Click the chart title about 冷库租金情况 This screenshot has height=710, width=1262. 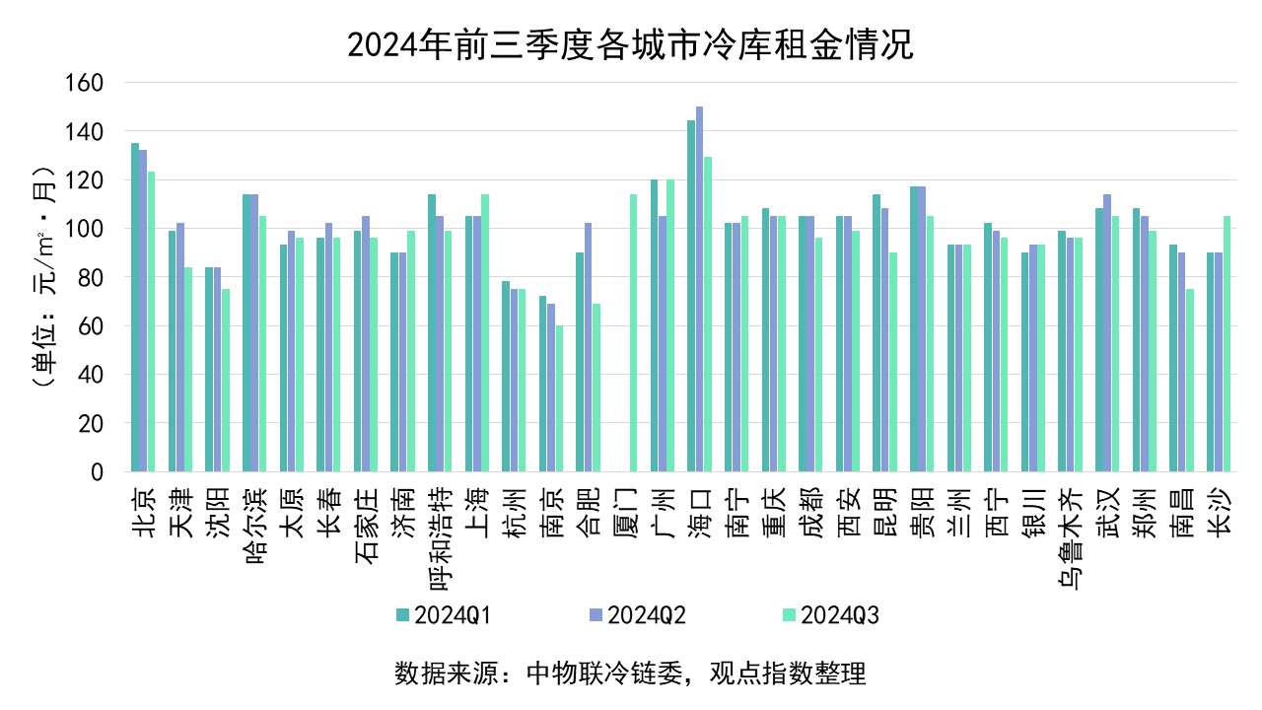click(631, 44)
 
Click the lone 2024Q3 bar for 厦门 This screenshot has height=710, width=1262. click(633, 333)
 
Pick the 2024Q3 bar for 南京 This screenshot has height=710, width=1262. click(559, 398)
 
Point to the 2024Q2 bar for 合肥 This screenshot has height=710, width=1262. click(588, 347)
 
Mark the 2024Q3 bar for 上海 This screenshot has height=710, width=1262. click(485, 333)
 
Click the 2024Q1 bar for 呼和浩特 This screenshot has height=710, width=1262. click(432, 333)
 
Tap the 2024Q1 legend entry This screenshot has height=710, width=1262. click(444, 615)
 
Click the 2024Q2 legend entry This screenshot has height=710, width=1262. click(637, 615)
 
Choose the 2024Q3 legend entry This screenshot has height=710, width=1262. click(830, 615)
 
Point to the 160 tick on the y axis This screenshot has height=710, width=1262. click(85, 83)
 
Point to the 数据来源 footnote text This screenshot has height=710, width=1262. click(630, 674)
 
